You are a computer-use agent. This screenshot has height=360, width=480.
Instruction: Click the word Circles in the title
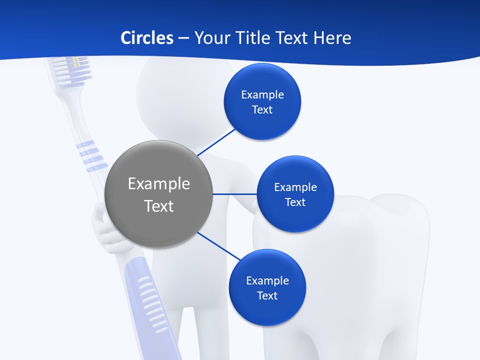[x=146, y=37]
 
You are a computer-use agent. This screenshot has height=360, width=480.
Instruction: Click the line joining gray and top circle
[x=216, y=142]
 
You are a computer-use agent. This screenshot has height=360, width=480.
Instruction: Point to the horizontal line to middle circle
[x=234, y=194]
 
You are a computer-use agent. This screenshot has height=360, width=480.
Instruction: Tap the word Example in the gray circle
[x=159, y=183]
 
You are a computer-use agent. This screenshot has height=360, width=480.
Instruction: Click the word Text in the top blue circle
[x=262, y=109]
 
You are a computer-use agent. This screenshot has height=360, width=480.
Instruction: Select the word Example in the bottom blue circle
[x=267, y=280]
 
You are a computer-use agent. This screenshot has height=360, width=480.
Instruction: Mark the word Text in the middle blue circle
[x=295, y=202]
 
